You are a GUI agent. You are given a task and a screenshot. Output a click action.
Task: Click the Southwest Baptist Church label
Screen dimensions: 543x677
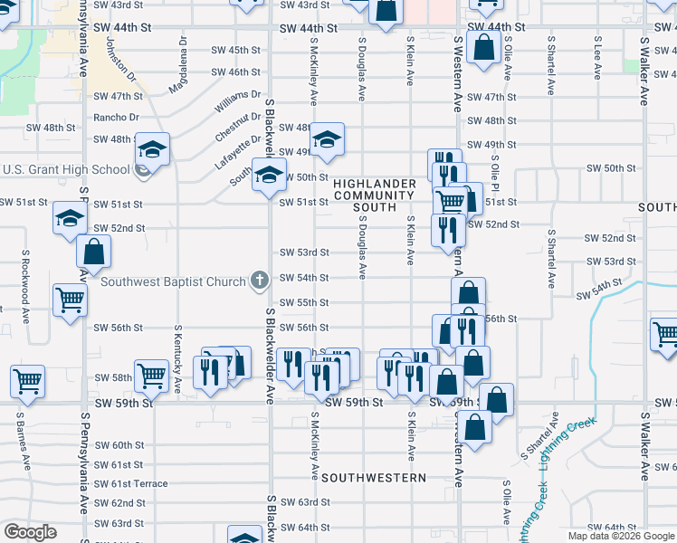click(174, 281)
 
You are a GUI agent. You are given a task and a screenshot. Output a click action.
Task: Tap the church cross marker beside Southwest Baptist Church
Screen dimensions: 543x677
click(260, 280)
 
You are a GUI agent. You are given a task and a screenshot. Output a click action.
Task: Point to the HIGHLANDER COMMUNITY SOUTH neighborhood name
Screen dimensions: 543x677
click(375, 195)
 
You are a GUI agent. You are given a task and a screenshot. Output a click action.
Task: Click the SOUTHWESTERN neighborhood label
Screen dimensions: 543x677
click(373, 477)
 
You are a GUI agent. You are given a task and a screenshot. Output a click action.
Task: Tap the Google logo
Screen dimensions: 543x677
click(29, 532)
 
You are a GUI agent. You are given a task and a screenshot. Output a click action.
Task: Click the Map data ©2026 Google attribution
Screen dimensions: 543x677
click(620, 536)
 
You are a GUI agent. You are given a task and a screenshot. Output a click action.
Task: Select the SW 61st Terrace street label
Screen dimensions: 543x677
click(129, 483)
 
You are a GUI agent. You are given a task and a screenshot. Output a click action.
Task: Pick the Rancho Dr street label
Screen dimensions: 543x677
click(116, 117)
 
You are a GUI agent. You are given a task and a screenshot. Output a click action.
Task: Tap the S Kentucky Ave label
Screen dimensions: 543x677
click(177, 358)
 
